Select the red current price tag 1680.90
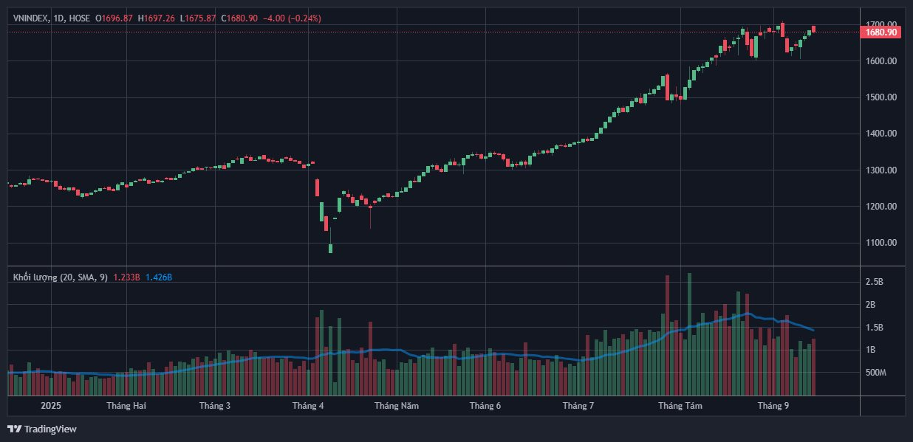(x=880, y=32)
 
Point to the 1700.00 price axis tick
(x=881, y=24)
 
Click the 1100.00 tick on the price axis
(x=881, y=243)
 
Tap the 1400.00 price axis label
(x=881, y=134)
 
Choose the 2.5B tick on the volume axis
(x=875, y=282)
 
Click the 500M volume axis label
(x=876, y=373)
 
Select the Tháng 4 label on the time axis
(x=308, y=406)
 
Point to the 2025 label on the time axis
(x=51, y=406)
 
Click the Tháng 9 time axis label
(x=773, y=406)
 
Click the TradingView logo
(x=42, y=429)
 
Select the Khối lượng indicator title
(x=60, y=277)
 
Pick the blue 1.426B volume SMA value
(x=159, y=277)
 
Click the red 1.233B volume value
(x=127, y=277)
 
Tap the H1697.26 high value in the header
(x=156, y=18)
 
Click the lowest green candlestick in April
(x=330, y=249)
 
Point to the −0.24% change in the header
(x=304, y=18)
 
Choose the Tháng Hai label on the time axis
(x=124, y=406)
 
